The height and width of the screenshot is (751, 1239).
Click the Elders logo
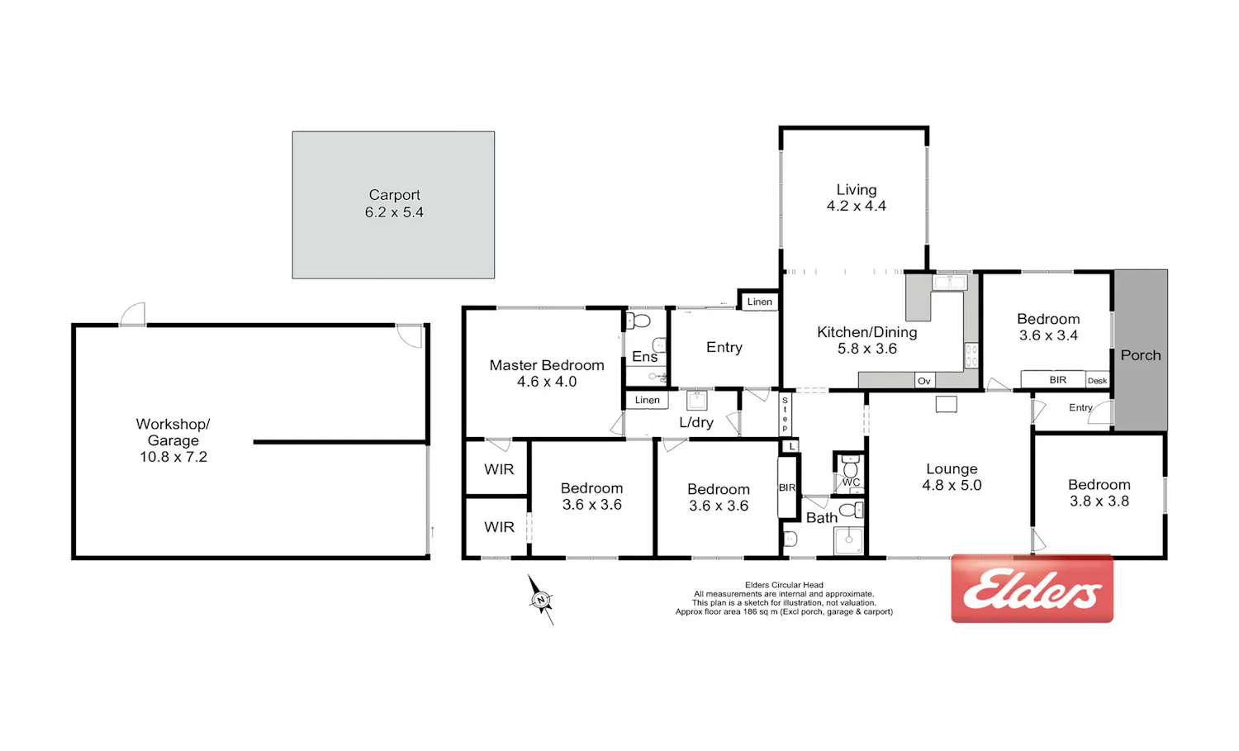1032,588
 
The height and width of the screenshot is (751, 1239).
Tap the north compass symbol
541,599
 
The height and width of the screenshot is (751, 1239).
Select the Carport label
394,195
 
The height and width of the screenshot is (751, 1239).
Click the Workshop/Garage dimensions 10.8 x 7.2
173,457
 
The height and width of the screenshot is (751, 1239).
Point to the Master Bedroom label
547,365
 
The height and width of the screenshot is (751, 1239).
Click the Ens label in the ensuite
644,357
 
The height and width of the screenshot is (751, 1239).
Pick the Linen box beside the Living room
759,302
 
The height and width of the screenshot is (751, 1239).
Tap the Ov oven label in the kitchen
924,381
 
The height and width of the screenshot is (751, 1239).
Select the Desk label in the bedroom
1098,381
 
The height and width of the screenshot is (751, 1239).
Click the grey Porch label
1141,355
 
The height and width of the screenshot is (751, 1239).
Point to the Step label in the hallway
785,414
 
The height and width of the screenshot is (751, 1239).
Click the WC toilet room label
852,482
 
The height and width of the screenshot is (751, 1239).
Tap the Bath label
821,518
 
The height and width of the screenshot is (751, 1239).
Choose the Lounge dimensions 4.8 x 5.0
952,485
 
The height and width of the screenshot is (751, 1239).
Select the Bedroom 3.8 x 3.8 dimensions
1099,501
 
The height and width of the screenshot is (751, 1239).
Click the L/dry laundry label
695,423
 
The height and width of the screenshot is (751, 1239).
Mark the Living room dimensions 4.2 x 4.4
857,206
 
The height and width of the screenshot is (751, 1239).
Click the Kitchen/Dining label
866,332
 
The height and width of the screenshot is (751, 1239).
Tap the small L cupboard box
792,446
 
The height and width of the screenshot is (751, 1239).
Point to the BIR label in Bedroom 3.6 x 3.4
1057,380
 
